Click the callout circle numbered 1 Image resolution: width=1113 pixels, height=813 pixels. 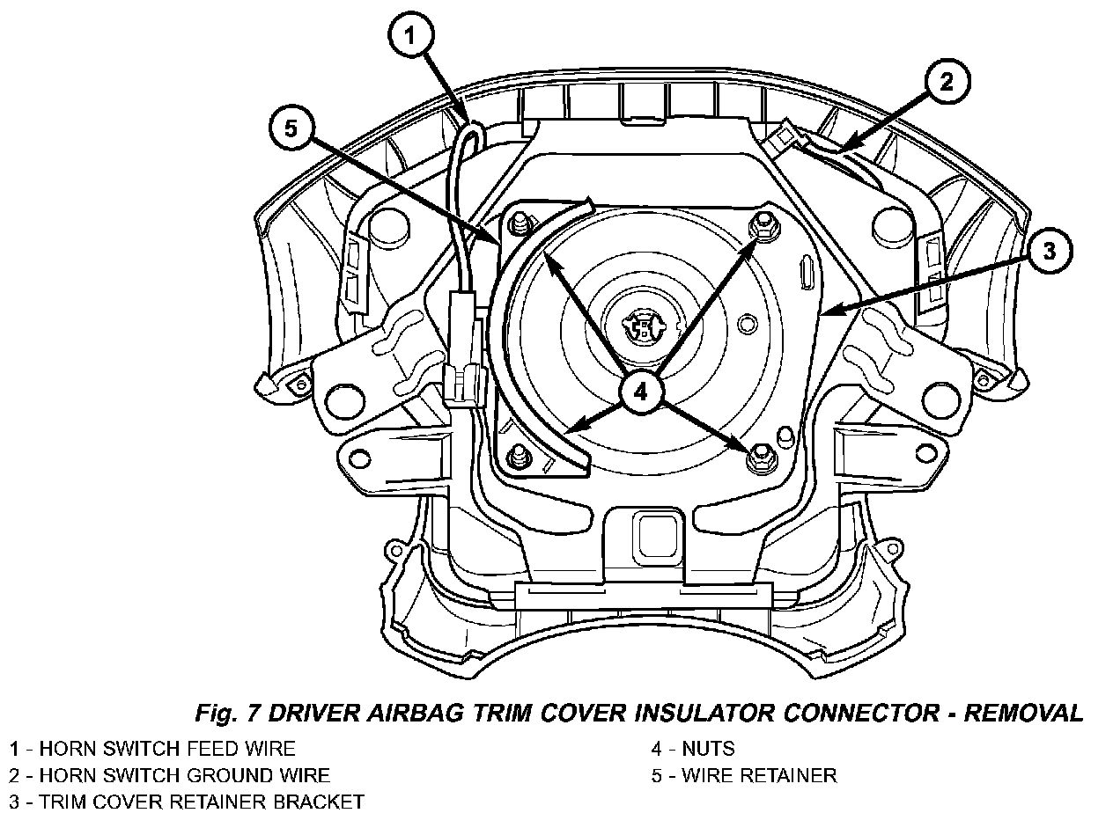(411, 38)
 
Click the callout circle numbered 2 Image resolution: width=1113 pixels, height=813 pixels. (945, 84)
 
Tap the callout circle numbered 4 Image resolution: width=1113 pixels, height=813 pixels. (639, 392)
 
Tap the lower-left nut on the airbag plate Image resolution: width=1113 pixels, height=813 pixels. (518, 457)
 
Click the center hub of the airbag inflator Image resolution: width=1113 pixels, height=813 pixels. (645, 327)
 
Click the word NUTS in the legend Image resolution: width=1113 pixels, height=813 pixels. (708, 750)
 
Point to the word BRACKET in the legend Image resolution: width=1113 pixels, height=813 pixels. (313, 802)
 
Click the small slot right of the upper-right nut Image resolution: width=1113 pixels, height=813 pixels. (806, 273)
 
